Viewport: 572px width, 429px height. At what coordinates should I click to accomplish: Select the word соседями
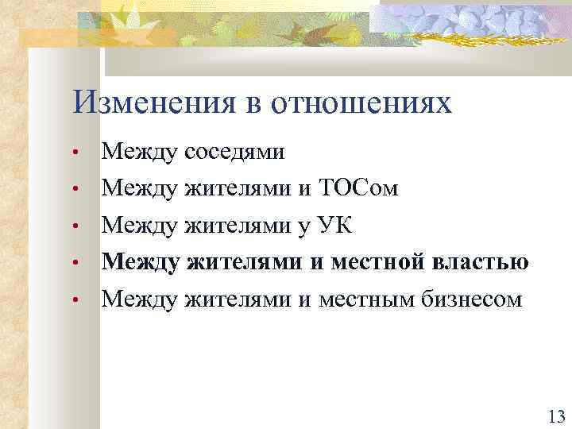(234, 151)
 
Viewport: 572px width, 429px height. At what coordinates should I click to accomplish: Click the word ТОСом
(359, 188)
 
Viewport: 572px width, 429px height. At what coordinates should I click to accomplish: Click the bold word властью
(482, 262)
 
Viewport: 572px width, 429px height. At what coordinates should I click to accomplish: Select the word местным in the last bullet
(367, 300)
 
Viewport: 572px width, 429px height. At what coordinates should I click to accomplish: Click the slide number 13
(555, 416)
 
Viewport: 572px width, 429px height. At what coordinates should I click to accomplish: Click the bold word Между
(141, 262)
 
